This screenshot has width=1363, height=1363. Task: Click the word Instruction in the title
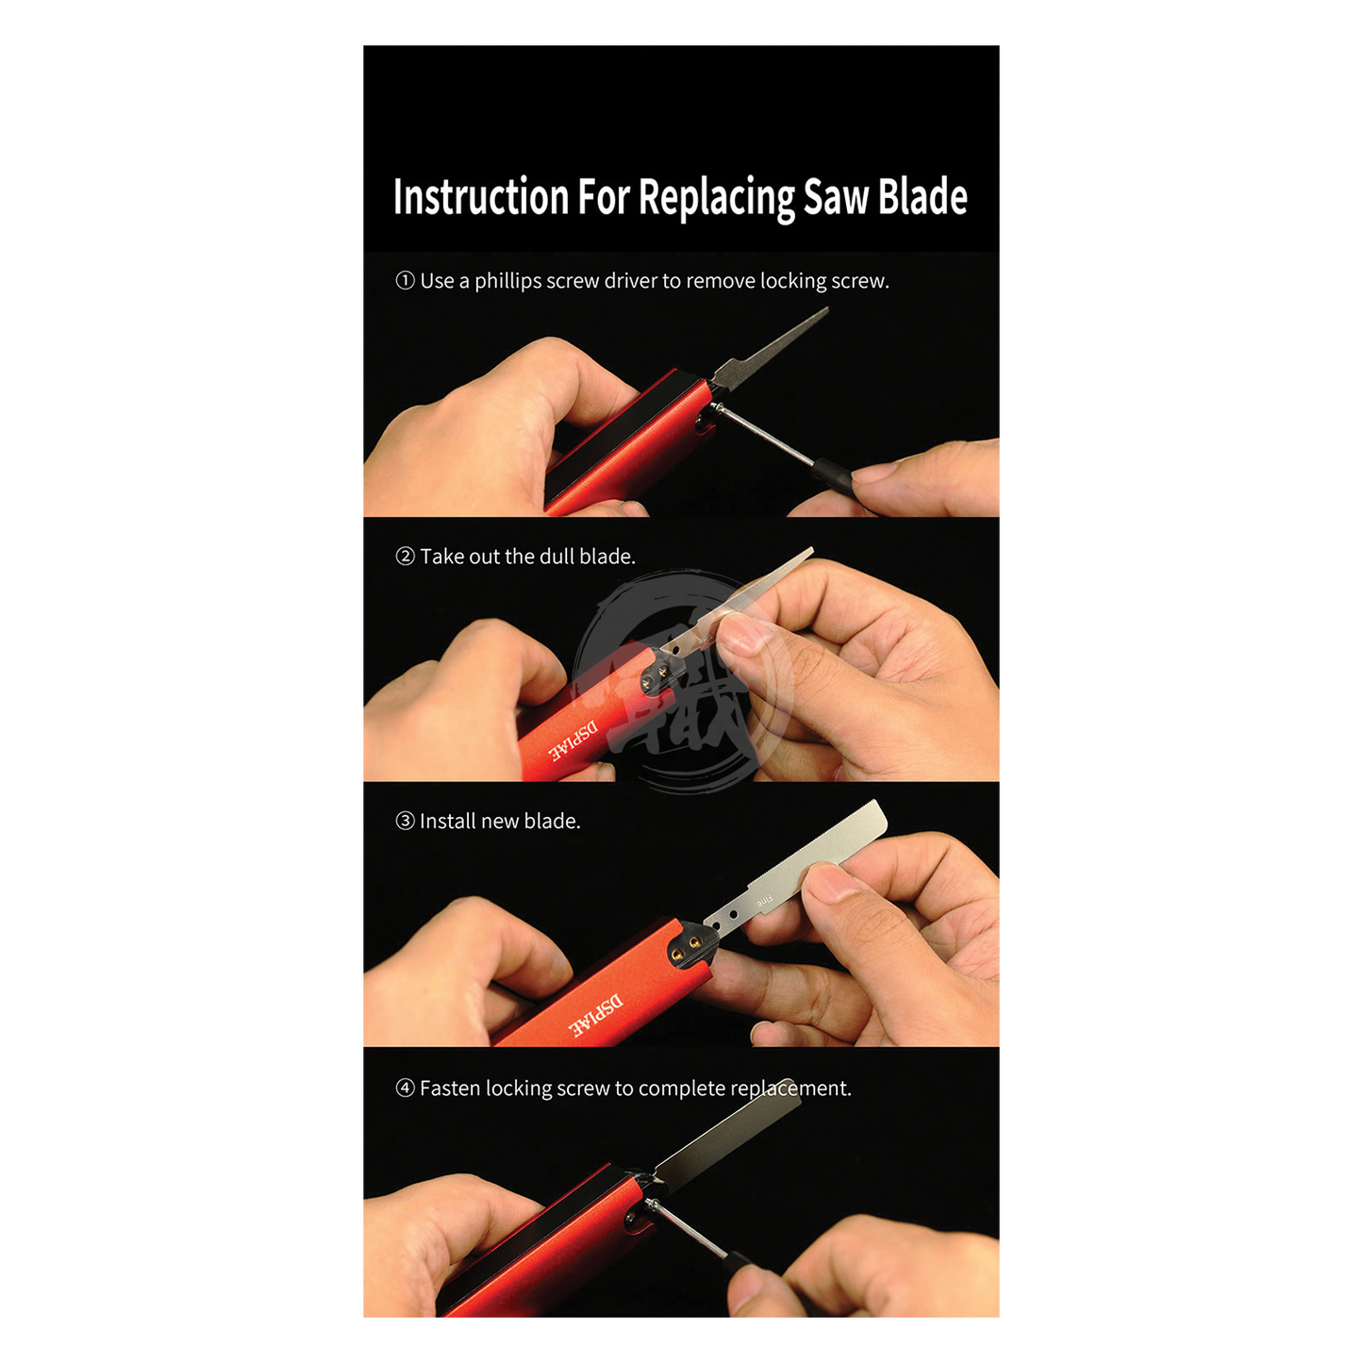click(x=481, y=196)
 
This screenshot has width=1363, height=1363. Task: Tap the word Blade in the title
click(x=923, y=196)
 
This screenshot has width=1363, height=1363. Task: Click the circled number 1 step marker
click(x=405, y=281)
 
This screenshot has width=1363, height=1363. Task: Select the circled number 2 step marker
click(x=405, y=557)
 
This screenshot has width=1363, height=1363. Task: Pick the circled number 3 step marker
click(x=405, y=822)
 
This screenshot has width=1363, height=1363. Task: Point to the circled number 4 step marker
click(x=405, y=1088)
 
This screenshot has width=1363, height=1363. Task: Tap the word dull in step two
click(x=557, y=557)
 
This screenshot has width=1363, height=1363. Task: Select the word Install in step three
click(x=448, y=822)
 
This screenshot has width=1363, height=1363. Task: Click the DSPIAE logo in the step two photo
click(x=573, y=741)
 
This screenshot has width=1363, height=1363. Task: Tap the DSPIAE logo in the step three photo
click(x=595, y=1016)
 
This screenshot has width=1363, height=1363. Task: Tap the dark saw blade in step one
click(x=768, y=349)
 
